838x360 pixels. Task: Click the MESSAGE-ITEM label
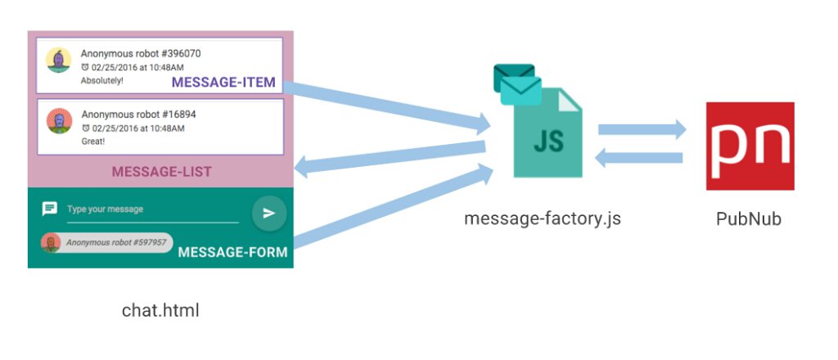pos(223,83)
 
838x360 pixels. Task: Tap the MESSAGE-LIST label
pos(161,172)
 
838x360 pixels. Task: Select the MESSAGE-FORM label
pos(232,252)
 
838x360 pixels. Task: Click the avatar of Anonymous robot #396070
pos(59,61)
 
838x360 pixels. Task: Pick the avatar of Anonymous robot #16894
pos(59,122)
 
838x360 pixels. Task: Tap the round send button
pos(268,213)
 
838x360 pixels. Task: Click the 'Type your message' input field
pos(151,209)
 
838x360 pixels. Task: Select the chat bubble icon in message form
pos(50,209)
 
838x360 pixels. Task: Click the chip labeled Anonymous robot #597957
pos(107,243)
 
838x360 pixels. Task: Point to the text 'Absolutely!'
pos(102,81)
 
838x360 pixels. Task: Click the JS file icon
pos(547,135)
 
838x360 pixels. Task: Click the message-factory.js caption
pos(543,218)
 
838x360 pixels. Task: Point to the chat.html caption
pos(160,310)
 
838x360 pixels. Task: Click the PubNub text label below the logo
pos(749,218)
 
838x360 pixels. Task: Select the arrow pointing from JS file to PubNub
pos(642,128)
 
